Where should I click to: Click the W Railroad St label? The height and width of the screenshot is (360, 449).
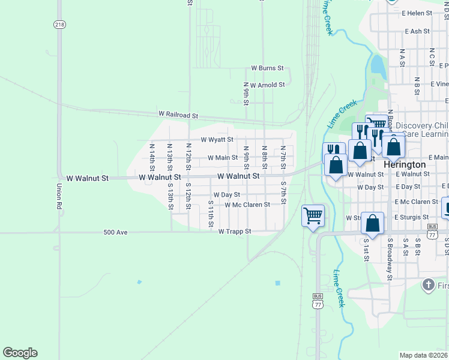coord(178,114)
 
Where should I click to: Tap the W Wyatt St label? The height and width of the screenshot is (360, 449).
coord(217,139)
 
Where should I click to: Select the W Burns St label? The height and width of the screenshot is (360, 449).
coord(267,69)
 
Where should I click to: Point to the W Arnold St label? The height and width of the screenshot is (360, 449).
coord(267,85)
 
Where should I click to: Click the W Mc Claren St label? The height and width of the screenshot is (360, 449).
coord(247,205)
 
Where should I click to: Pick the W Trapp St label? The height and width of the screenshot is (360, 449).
coord(234,231)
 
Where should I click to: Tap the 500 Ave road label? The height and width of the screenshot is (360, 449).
coord(115,232)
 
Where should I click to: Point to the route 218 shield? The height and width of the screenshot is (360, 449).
coord(59,24)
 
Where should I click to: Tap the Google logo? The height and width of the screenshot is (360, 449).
coord(20,353)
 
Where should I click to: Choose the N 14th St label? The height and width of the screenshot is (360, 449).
coord(152,155)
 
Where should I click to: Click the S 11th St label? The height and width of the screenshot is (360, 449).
coord(211,214)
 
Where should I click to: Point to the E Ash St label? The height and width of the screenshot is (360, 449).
coord(417,31)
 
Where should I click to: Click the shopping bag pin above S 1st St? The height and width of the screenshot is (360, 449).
coord(373,224)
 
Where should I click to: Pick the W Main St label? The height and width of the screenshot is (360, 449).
coord(223,158)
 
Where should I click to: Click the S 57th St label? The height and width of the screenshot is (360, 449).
coord(283,193)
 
